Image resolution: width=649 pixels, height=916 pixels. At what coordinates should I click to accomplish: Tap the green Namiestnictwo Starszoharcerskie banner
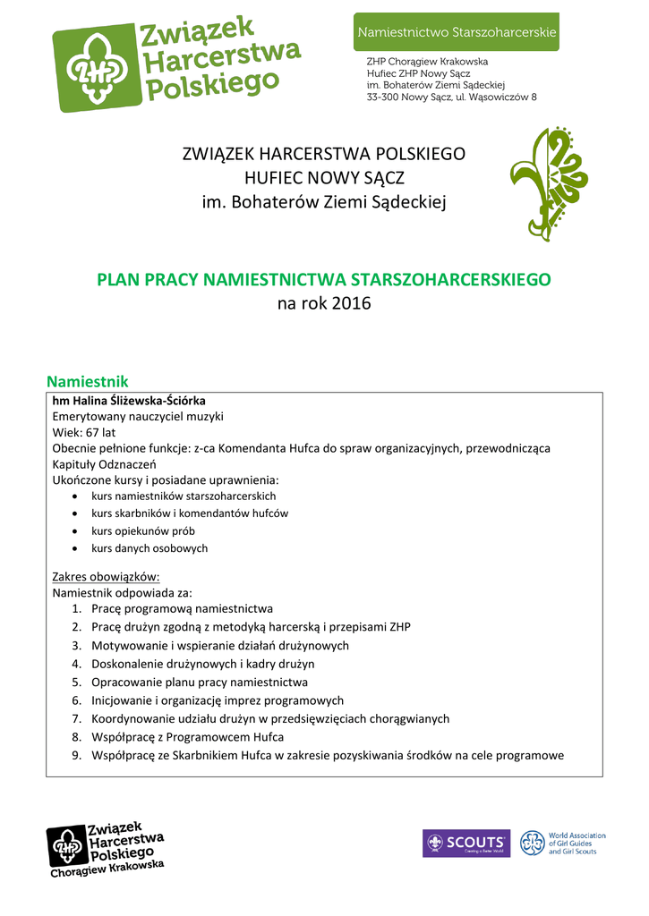(457, 32)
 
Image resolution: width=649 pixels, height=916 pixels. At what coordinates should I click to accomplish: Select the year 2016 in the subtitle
(351, 304)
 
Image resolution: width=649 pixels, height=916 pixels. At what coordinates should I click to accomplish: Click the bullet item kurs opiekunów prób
(142, 530)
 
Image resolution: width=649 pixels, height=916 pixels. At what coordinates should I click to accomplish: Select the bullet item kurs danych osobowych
(149, 548)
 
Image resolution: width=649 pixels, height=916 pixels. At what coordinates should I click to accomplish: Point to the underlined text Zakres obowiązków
(106, 576)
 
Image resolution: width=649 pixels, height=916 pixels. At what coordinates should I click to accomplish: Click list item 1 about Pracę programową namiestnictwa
(182, 609)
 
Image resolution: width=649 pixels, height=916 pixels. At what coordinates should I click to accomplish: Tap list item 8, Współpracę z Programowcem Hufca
(187, 737)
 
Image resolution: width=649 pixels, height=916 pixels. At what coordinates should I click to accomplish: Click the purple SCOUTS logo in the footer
(465, 844)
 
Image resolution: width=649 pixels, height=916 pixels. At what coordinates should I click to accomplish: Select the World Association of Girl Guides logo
(563, 844)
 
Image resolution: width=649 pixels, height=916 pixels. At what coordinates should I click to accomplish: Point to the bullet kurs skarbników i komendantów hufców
(190, 513)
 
